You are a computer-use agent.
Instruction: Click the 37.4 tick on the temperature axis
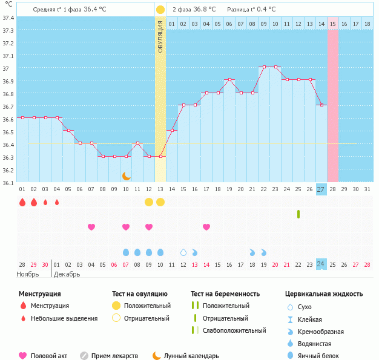(8, 18)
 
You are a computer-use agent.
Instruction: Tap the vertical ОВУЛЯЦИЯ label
(160, 36)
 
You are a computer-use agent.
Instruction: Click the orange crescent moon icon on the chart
(126, 176)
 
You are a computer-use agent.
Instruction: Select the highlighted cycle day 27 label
(321, 189)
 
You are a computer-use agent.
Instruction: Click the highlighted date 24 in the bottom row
(321, 264)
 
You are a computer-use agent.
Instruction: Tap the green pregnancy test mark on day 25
(298, 214)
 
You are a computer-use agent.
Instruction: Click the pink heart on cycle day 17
(206, 227)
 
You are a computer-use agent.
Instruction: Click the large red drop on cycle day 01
(22, 202)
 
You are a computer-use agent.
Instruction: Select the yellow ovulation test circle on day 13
(160, 201)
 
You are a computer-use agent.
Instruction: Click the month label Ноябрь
(28, 274)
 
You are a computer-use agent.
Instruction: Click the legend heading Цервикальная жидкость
(324, 294)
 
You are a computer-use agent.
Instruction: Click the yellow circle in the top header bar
(160, 10)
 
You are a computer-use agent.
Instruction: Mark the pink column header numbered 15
(333, 24)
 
